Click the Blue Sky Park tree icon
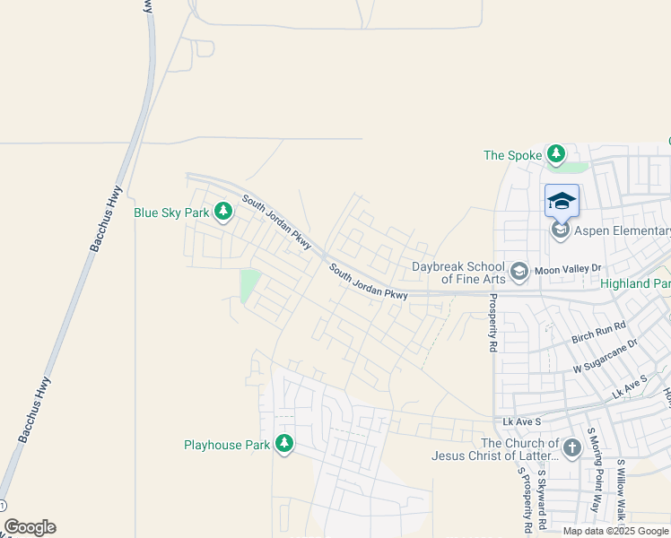(x=222, y=213)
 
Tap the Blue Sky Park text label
(x=171, y=213)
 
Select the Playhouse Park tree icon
(x=284, y=444)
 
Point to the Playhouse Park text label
(x=227, y=445)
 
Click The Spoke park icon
(x=556, y=154)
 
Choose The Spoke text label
(x=513, y=155)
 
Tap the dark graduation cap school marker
(x=562, y=201)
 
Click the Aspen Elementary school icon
(x=561, y=231)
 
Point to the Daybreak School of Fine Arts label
(x=458, y=273)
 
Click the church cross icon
(x=572, y=446)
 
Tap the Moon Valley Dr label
(x=567, y=269)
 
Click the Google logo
(x=30, y=527)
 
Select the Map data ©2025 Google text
(x=616, y=531)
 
